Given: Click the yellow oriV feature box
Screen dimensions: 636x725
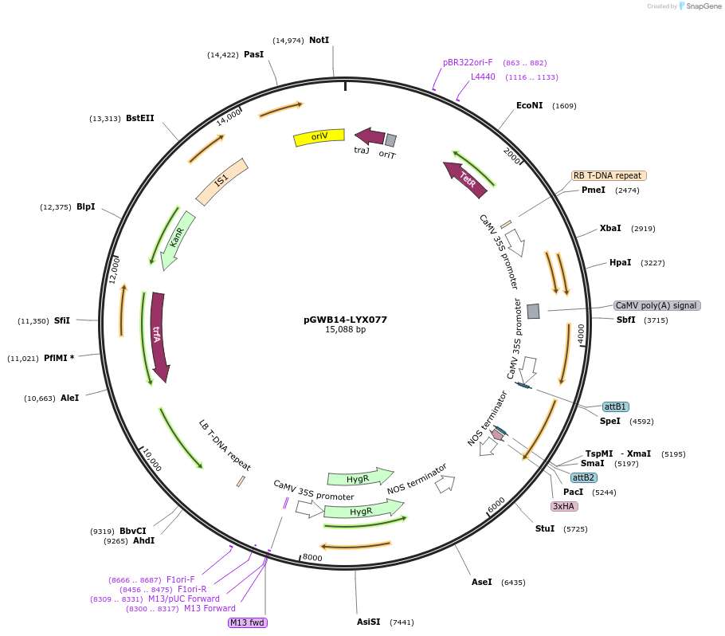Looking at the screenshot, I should tap(319, 137).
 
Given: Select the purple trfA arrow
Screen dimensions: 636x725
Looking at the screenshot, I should tap(159, 336).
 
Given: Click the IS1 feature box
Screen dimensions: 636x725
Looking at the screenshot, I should tap(221, 180).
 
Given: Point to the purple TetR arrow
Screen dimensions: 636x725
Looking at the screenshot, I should tap(467, 179).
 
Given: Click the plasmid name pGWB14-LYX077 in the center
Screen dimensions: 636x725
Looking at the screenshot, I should tap(345, 320).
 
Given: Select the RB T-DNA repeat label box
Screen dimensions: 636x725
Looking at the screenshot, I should tap(608, 175).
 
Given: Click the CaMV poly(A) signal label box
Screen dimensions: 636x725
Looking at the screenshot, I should tap(656, 305).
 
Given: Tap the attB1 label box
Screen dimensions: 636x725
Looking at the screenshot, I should tap(615, 406).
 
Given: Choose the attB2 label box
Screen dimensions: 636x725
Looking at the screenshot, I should tap(583, 477).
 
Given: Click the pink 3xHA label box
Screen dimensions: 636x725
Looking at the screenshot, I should tap(563, 506).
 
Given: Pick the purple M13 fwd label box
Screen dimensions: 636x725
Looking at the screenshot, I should tap(247, 622).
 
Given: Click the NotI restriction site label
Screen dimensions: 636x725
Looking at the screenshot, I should tap(319, 40).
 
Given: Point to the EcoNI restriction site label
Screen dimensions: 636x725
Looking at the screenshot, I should tap(529, 105).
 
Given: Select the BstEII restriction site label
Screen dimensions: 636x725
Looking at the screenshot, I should tap(139, 118).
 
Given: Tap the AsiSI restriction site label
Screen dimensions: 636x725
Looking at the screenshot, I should tap(368, 622).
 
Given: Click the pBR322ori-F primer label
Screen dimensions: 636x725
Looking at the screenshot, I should tap(468, 62).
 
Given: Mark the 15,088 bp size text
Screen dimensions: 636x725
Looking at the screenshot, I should tap(345, 329).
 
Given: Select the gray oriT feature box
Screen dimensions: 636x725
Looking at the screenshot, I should tap(390, 140).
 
